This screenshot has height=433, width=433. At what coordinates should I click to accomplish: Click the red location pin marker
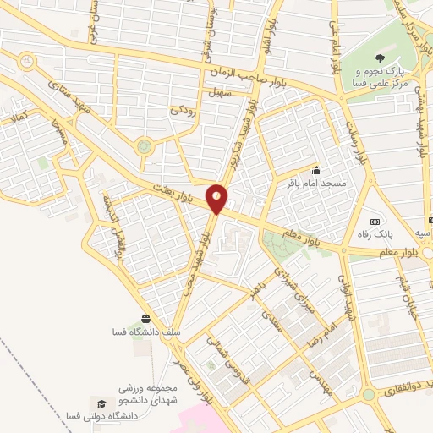[217, 199]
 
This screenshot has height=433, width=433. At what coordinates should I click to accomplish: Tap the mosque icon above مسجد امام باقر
[316, 169]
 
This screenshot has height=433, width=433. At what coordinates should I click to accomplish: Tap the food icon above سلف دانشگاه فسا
[146, 319]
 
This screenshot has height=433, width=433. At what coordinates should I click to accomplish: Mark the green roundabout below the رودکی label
[145, 145]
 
